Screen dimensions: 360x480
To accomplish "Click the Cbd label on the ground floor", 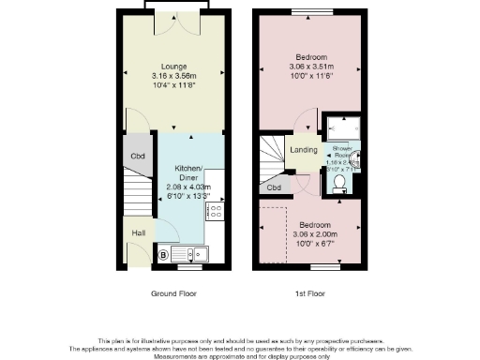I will pos(137,156).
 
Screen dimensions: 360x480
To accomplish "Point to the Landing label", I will pos(304,150).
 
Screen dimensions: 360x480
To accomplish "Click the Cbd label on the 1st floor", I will pos(274,187).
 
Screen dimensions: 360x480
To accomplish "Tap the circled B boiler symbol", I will pos(163,253).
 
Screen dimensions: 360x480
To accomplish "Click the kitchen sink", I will pos(194,253).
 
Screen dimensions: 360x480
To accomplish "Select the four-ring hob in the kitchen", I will pos(215,212).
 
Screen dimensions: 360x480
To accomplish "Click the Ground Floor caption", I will pos(174,293).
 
